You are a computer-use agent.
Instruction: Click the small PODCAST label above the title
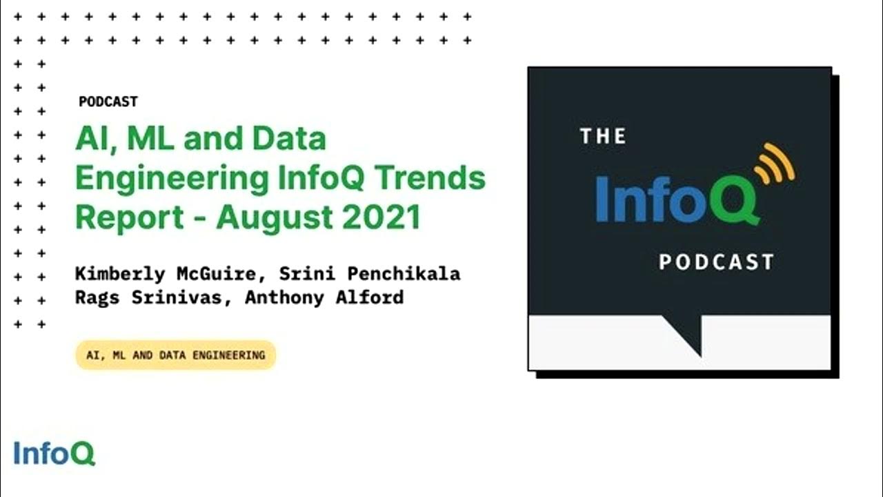click(108, 101)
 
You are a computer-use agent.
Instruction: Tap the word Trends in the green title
click(437, 178)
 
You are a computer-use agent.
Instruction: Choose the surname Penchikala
click(404, 274)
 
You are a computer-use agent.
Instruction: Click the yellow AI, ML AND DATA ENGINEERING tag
click(175, 355)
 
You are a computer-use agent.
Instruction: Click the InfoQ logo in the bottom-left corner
click(54, 454)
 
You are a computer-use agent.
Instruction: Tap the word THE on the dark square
click(603, 137)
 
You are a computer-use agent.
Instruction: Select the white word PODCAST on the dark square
click(716, 262)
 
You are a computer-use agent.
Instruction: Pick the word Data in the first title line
click(288, 139)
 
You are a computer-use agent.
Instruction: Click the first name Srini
click(304, 274)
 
